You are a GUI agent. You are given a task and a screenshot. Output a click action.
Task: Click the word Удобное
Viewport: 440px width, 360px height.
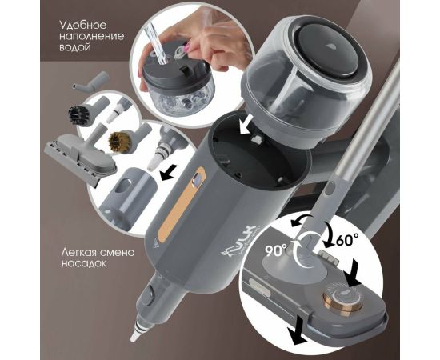tap(83, 26)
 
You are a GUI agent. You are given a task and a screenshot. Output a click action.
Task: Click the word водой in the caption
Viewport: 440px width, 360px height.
tap(75, 47)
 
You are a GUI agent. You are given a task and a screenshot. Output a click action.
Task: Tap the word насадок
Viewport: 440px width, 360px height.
tap(84, 263)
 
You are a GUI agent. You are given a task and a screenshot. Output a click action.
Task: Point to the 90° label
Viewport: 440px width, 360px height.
tap(277, 250)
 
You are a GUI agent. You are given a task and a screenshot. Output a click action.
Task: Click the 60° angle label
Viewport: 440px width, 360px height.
tap(346, 239)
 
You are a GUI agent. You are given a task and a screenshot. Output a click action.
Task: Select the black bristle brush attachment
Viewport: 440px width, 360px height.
tap(82, 111)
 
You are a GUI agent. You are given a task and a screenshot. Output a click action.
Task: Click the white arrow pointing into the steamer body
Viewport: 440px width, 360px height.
tap(247, 127)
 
